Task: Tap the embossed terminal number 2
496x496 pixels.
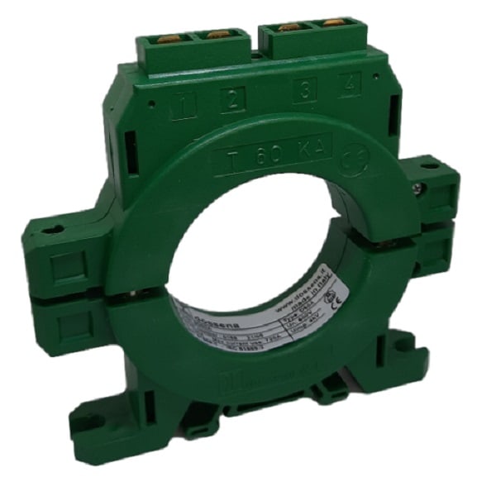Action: (x=232, y=100)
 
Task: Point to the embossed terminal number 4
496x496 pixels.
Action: (x=349, y=84)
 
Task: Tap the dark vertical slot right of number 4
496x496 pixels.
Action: (x=394, y=111)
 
